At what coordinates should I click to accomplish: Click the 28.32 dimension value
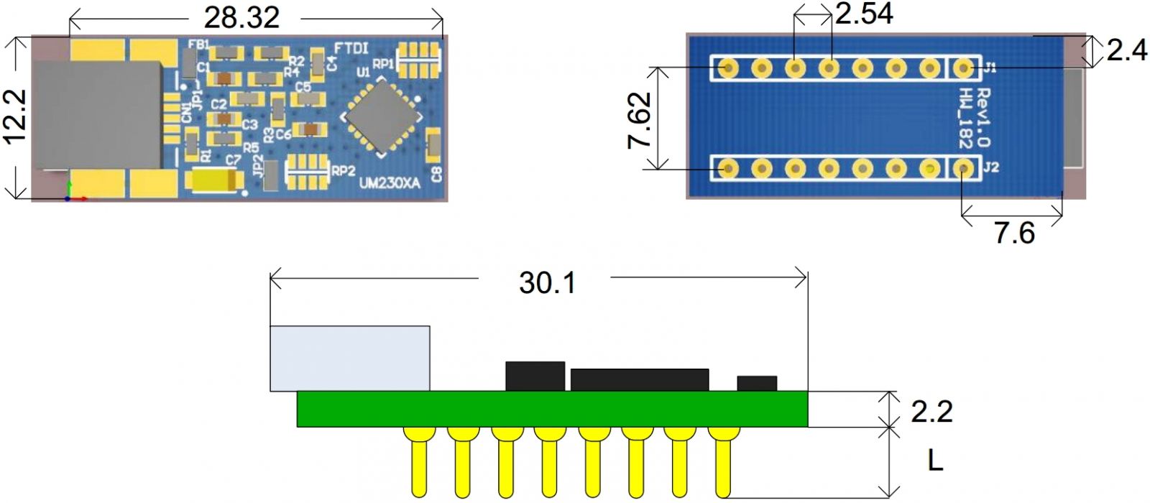pos(241,17)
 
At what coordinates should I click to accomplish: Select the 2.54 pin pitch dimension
pos(864,13)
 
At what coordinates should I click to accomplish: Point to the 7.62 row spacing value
pos(639,119)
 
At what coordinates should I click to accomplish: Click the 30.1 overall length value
pos(547,282)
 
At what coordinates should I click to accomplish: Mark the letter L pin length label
pos(935,461)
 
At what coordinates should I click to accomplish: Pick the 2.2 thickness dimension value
pos(931,411)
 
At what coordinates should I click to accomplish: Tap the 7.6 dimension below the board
pos(1014,233)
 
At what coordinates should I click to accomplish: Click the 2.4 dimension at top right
pos(1126,50)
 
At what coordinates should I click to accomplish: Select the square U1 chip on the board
pos(380,117)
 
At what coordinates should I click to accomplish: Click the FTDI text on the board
pos(351,49)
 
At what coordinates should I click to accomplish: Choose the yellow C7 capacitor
pos(211,180)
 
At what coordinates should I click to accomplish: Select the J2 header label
pos(990,167)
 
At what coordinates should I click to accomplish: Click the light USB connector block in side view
pos(350,358)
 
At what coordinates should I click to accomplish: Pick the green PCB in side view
pos(552,409)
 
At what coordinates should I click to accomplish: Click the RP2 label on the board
pos(343,171)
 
